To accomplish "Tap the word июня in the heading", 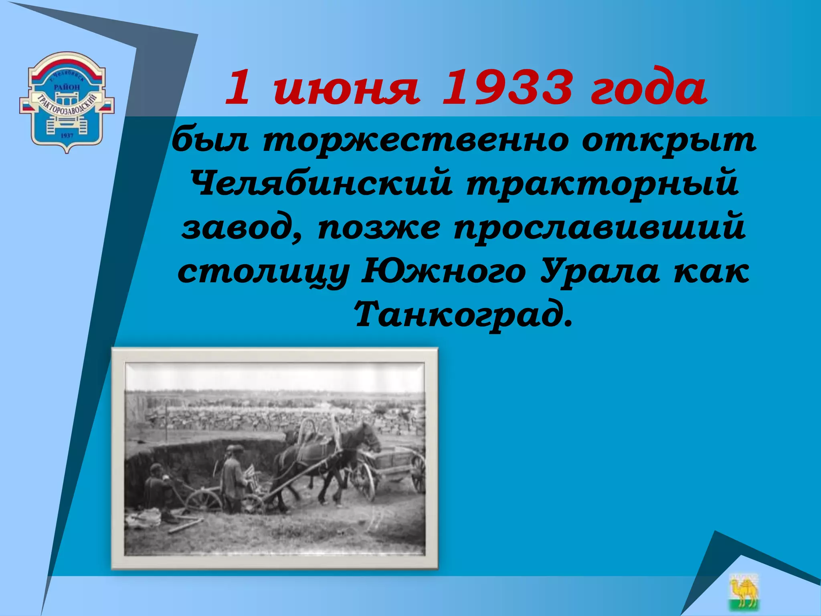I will coord(346,89).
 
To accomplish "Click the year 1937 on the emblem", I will coord(67,136).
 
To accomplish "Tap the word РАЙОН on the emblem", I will coord(67,87).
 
